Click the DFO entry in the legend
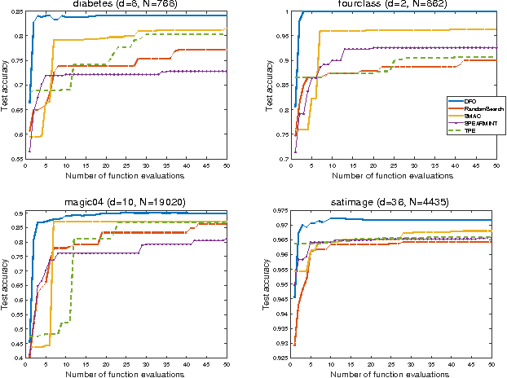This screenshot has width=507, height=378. coord(472,100)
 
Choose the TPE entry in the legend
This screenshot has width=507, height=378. coord(471,130)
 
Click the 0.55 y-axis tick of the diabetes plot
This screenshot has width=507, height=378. coord(14,159)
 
